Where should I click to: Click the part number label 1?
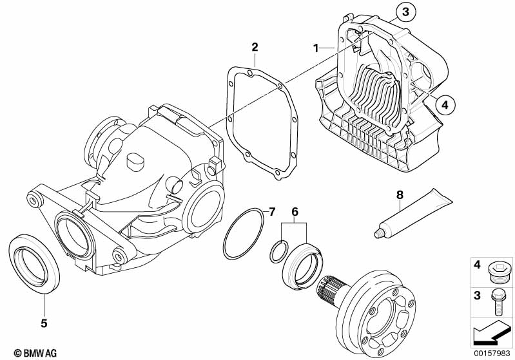coord(316,48)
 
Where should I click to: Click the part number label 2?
coord(255,47)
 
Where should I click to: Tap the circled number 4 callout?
coord(444,102)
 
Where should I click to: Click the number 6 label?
coord(295,211)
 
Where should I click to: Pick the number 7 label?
coord(271,211)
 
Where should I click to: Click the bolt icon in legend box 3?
coord(499,300)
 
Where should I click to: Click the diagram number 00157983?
coord(492,352)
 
